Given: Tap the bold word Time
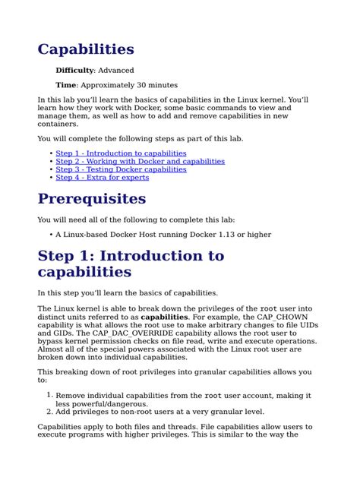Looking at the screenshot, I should click(x=66, y=85).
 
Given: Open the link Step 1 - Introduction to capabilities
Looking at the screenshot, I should click(x=121, y=153).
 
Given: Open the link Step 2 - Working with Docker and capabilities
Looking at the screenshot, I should click(x=140, y=161).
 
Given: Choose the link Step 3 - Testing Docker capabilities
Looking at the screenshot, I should click(x=121, y=169).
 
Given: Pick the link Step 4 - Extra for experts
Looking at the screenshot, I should click(x=102, y=178).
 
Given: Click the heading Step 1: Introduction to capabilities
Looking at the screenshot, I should click(x=131, y=263).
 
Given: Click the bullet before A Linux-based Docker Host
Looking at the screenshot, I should click(x=51, y=235).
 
